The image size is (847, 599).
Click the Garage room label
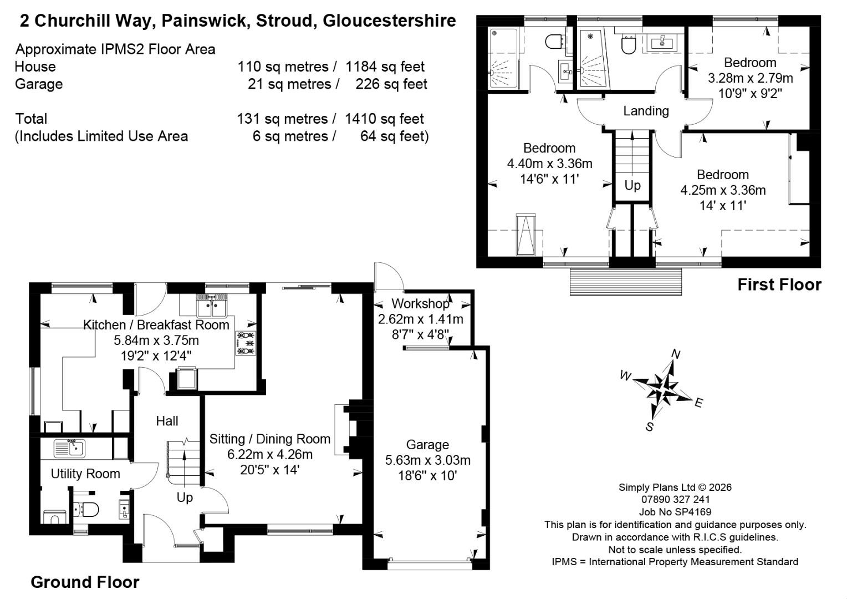pyautogui.click(x=427, y=444)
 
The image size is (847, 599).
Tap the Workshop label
pyautogui.click(x=420, y=303)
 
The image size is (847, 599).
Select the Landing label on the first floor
pyautogui.click(x=646, y=111)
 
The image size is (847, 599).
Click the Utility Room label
pyautogui.click(x=85, y=473)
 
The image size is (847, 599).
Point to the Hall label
pyautogui.click(x=167, y=421)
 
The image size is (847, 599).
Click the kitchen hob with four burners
pyautogui.click(x=246, y=343)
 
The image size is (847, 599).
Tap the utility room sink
pyautogui.click(x=69, y=448)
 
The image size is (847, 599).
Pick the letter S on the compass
pyautogui.click(x=650, y=427)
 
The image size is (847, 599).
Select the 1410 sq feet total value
pyautogui.click(x=384, y=119)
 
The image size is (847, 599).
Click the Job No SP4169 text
pyautogui.click(x=675, y=512)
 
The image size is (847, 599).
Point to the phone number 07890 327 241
pyautogui.click(x=675, y=500)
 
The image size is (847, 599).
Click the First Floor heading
pyautogui.click(x=779, y=285)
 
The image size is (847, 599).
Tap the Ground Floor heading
pyautogui.click(x=85, y=582)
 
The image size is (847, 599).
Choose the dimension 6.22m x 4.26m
pyautogui.click(x=269, y=454)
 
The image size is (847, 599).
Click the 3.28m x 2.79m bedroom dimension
pyautogui.click(x=750, y=78)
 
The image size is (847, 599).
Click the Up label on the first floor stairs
pyautogui.click(x=632, y=185)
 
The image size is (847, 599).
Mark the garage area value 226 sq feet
pyautogui.click(x=391, y=84)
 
